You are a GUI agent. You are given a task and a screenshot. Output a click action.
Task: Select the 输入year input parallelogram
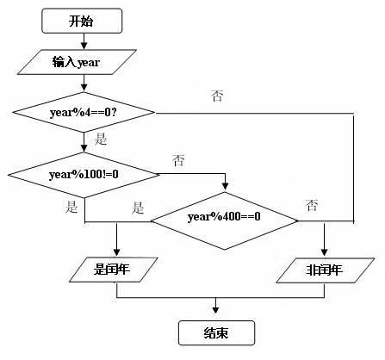pyautogui.click(x=84, y=63)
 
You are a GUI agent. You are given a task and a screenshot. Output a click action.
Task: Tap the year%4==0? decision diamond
pyautogui.click(x=84, y=112)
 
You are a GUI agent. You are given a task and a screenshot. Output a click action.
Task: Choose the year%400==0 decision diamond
pyautogui.click(x=224, y=217)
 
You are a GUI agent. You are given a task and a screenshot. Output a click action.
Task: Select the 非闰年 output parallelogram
pyautogui.click(x=325, y=270)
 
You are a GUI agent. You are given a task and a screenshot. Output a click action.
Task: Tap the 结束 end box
pyautogui.click(x=215, y=332)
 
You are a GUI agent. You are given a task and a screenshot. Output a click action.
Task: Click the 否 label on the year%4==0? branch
pyautogui.click(x=216, y=96)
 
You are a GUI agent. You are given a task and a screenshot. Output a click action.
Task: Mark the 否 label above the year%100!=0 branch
pyautogui.click(x=179, y=160)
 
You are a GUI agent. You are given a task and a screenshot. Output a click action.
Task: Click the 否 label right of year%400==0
pyautogui.click(x=312, y=204)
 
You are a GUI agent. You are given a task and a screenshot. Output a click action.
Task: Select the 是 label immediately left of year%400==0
pyautogui.click(x=138, y=207)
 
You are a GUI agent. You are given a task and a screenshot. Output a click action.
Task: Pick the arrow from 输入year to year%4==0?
pyautogui.click(x=84, y=84)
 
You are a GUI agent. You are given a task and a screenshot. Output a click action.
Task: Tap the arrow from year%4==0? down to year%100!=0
pyautogui.click(x=84, y=142)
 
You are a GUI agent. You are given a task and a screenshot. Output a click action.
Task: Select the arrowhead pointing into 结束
pyautogui.click(x=215, y=314)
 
